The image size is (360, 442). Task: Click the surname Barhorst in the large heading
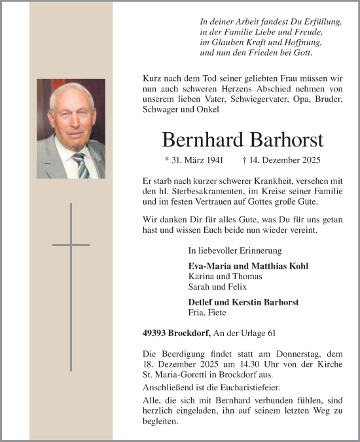283,141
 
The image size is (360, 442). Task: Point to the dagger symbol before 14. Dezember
244,160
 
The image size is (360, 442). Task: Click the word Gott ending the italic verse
304,52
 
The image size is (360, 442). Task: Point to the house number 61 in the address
270,333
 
